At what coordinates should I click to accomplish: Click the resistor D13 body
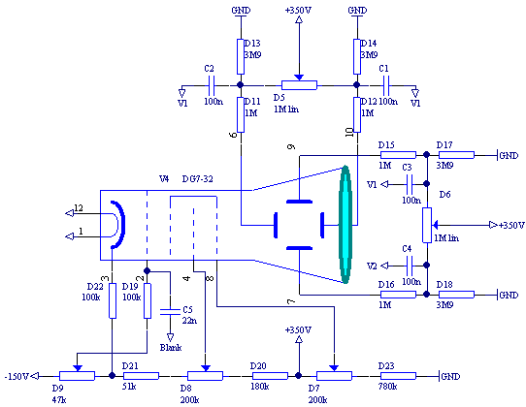click(241, 56)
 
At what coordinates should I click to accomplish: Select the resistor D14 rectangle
click(357, 56)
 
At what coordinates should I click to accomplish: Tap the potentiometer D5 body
click(299, 85)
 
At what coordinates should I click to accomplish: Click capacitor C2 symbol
click(212, 85)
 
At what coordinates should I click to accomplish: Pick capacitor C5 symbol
click(170, 312)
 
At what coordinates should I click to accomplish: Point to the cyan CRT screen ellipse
click(345, 225)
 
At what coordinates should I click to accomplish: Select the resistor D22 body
click(113, 300)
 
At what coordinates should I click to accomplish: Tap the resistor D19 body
click(148, 300)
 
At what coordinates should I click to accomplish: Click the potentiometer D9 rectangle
click(78, 376)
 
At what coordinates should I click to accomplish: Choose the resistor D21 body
click(142, 376)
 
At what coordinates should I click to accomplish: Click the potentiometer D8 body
click(205, 376)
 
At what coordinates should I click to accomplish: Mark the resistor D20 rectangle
click(270, 376)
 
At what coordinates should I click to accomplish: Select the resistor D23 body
click(398, 376)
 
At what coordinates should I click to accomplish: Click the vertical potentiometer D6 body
click(427, 225)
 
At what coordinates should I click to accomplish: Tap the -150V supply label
click(16, 377)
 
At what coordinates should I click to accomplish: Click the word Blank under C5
click(171, 347)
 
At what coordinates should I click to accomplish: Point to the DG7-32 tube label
click(198, 179)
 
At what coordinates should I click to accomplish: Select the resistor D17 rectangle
click(456, 155)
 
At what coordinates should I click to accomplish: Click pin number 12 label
click(79, 208)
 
